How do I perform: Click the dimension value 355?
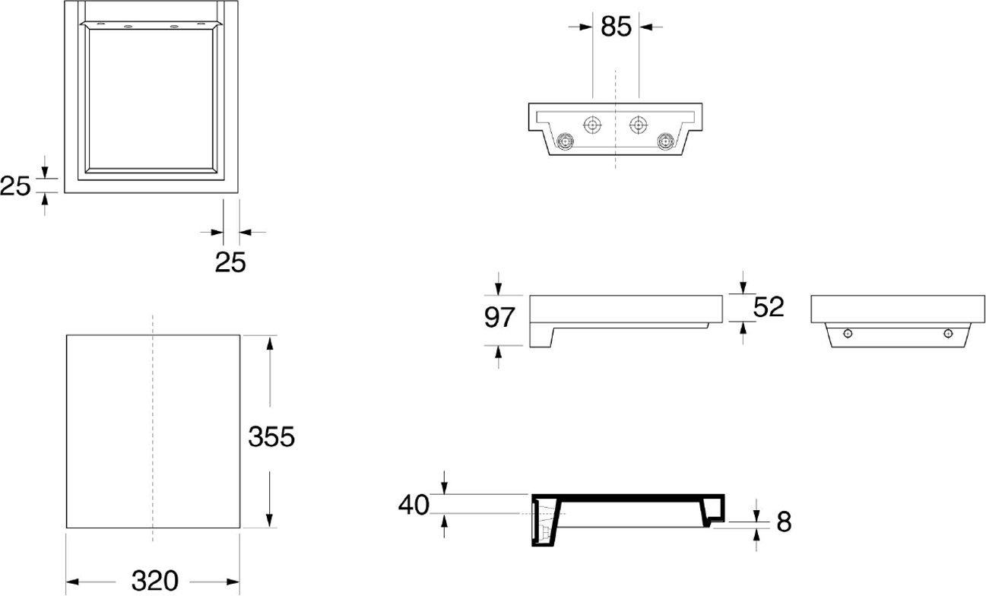click(x=271, y=437)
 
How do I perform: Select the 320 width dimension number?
click(x=154, y=581)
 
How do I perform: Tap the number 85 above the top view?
click(x=616, y=27)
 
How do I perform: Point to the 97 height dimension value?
click(x=500, y=317)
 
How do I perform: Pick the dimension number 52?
click(x=768, y=306)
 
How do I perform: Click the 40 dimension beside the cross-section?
click(x=414, y=504)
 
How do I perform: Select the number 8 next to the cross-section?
click(x=784, y=521)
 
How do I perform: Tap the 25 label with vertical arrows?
click(x=15, y=185)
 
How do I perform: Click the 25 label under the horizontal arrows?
click(x=230, y=262)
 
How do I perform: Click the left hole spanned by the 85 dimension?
click(x=592, y=123)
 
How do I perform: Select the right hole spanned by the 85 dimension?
click(x=639, y=123)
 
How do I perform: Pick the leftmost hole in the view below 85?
click(x=565, y=141)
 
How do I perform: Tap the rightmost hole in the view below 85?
click(x=667, y=141)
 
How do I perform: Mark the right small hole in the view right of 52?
click(x=947, y=333)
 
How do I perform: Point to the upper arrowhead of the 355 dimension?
click(x=269, y=341)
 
